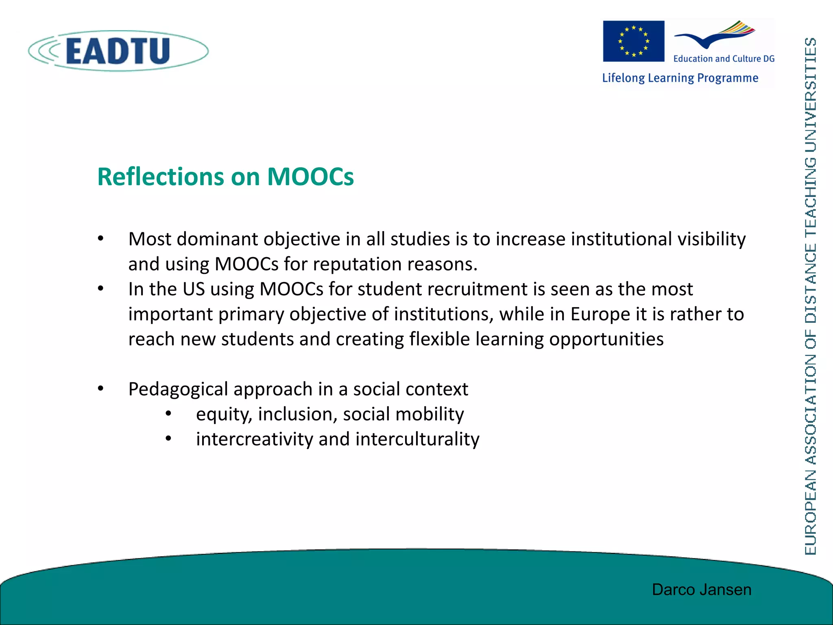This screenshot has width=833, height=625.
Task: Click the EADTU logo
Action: [x=118, y=51]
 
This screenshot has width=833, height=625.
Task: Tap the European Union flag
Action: [x=633, y=41]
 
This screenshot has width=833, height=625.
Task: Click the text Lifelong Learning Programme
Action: [x=680, y=78]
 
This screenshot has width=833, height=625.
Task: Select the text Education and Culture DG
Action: [x=724, y=59]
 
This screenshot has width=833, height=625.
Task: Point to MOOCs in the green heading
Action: [x=310, y=177]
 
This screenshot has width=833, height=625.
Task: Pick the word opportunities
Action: [x=606, y=339]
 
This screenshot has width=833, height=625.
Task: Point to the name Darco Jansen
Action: [x=702, y=590]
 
